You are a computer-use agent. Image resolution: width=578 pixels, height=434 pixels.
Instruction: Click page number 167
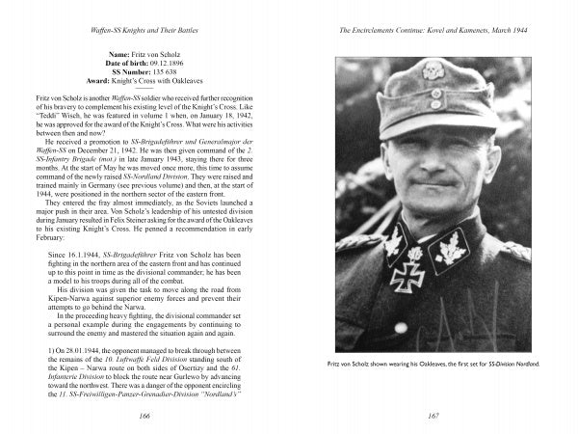[432, 415]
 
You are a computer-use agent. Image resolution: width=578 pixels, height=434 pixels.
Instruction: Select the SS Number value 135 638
[161, 73]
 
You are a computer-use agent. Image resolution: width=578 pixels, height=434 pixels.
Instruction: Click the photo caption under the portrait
[433, 363]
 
